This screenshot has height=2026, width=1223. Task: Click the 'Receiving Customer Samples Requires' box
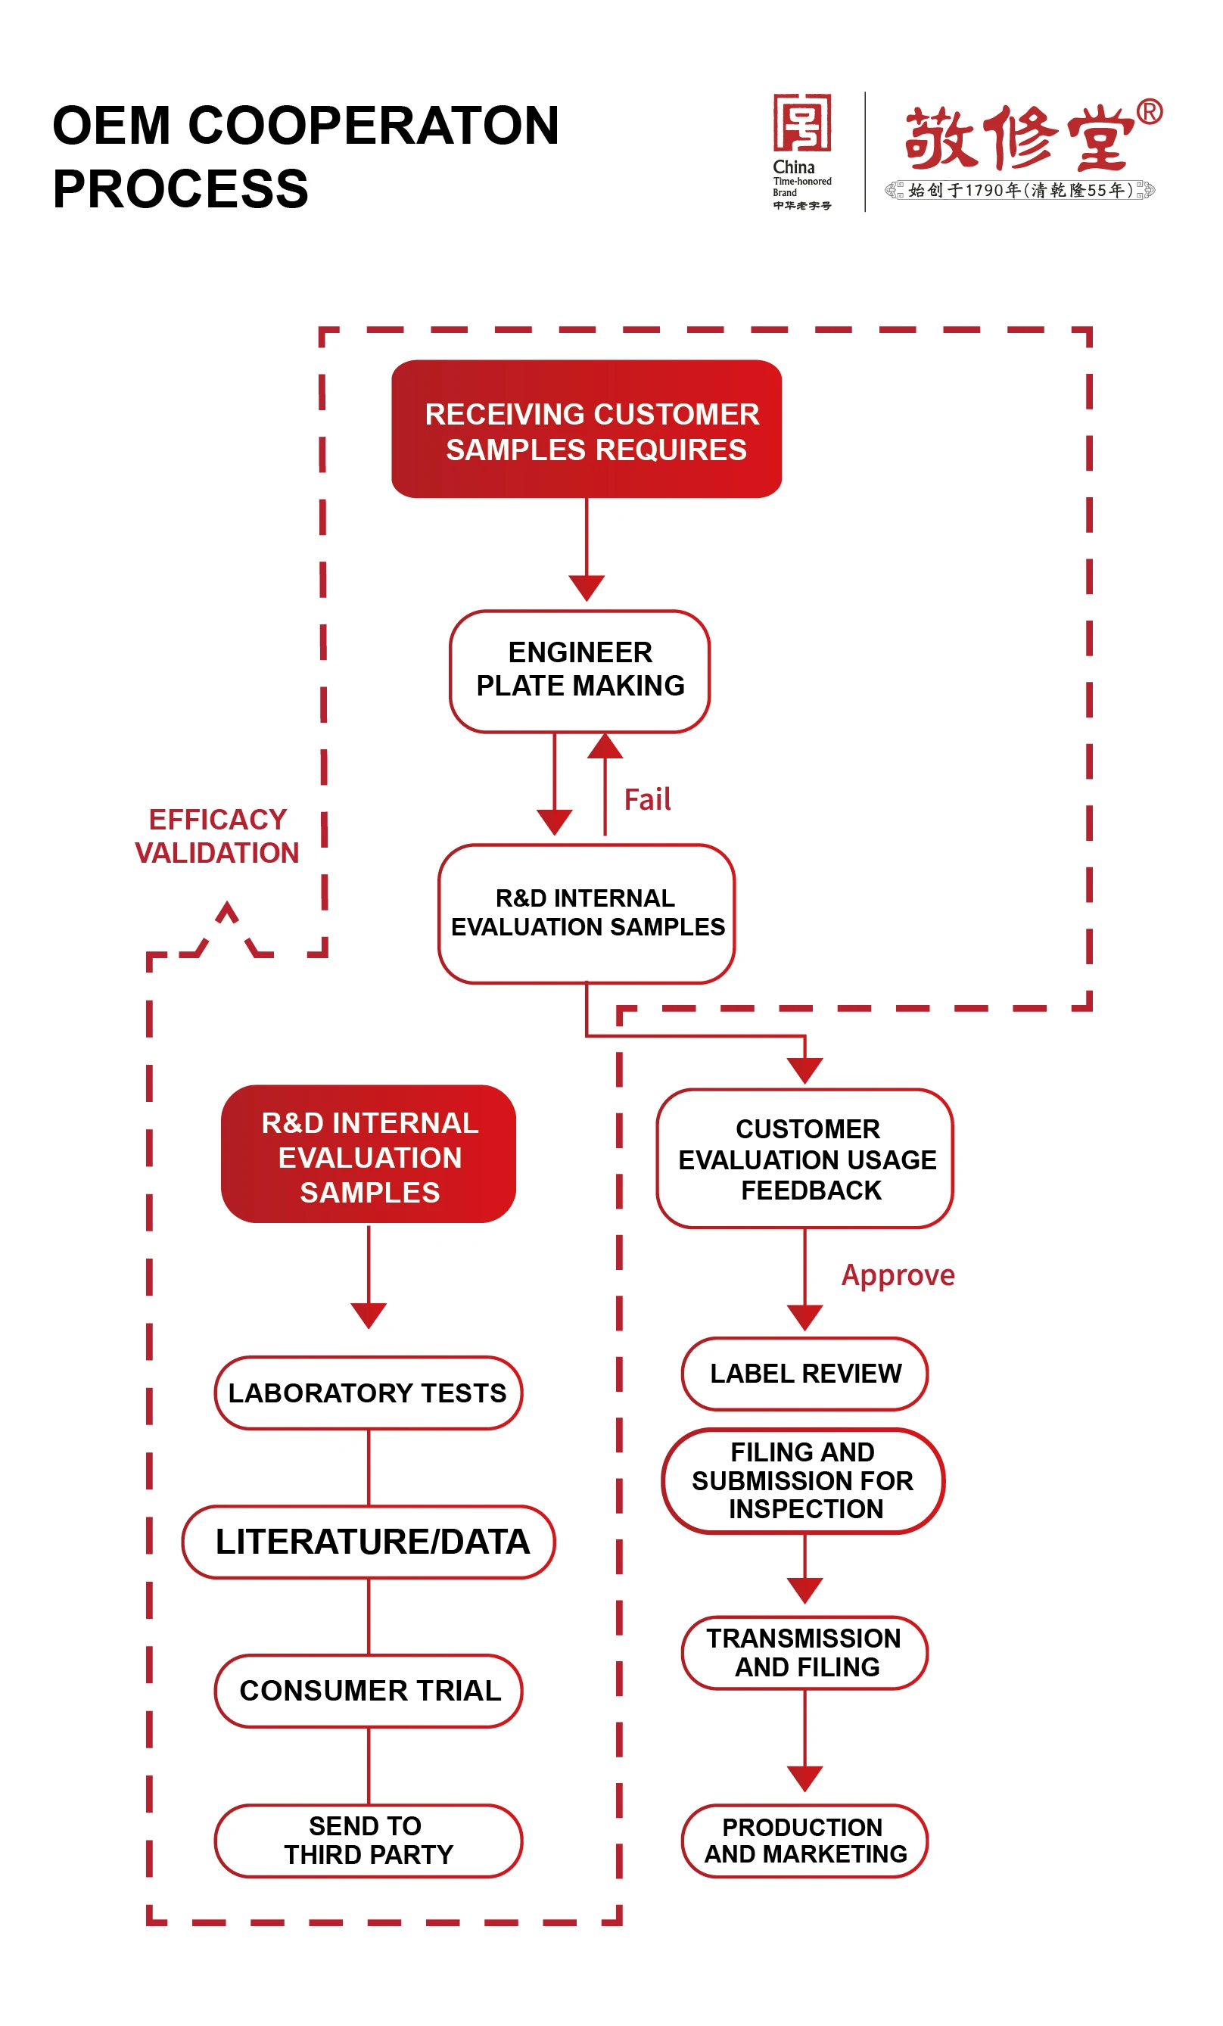pos(586,428)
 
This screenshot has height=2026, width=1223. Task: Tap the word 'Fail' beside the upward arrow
pos(646,799)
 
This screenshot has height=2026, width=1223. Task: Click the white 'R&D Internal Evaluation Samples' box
pos(586,913)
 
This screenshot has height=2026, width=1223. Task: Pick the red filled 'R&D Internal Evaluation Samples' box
pos(369,1154)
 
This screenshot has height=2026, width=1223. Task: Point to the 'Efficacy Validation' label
pos(217,836)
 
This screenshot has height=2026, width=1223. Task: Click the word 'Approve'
pos(898,1275)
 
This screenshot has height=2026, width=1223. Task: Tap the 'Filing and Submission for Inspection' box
pos(803,1480)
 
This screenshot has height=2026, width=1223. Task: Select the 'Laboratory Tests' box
pos(368,1393)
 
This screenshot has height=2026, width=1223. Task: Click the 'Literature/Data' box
pos(369,1542)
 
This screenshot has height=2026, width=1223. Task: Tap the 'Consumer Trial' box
pos(369,1691)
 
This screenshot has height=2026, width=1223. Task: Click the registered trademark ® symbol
pos(1149,112)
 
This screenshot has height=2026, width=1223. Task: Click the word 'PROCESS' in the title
pos(180,189)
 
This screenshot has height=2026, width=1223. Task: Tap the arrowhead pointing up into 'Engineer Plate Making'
pos(605,745)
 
